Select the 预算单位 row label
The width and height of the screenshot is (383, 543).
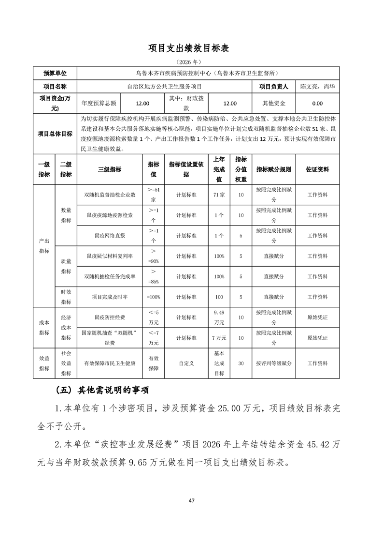55,74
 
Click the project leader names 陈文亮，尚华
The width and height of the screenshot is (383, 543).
317,87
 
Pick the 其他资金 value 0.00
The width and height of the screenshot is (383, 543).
317,103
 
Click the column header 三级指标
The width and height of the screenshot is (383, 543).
110,169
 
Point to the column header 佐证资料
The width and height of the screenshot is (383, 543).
317,169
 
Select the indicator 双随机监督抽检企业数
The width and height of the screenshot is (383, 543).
110,195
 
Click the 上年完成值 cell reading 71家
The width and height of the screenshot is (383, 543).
219,195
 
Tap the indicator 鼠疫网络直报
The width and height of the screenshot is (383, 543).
110,236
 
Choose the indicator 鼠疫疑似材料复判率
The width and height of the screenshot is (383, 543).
110,256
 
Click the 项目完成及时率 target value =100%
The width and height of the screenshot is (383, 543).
153,297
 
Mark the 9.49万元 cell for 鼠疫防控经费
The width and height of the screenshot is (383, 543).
219,317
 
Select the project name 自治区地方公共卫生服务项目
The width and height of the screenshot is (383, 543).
164,87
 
